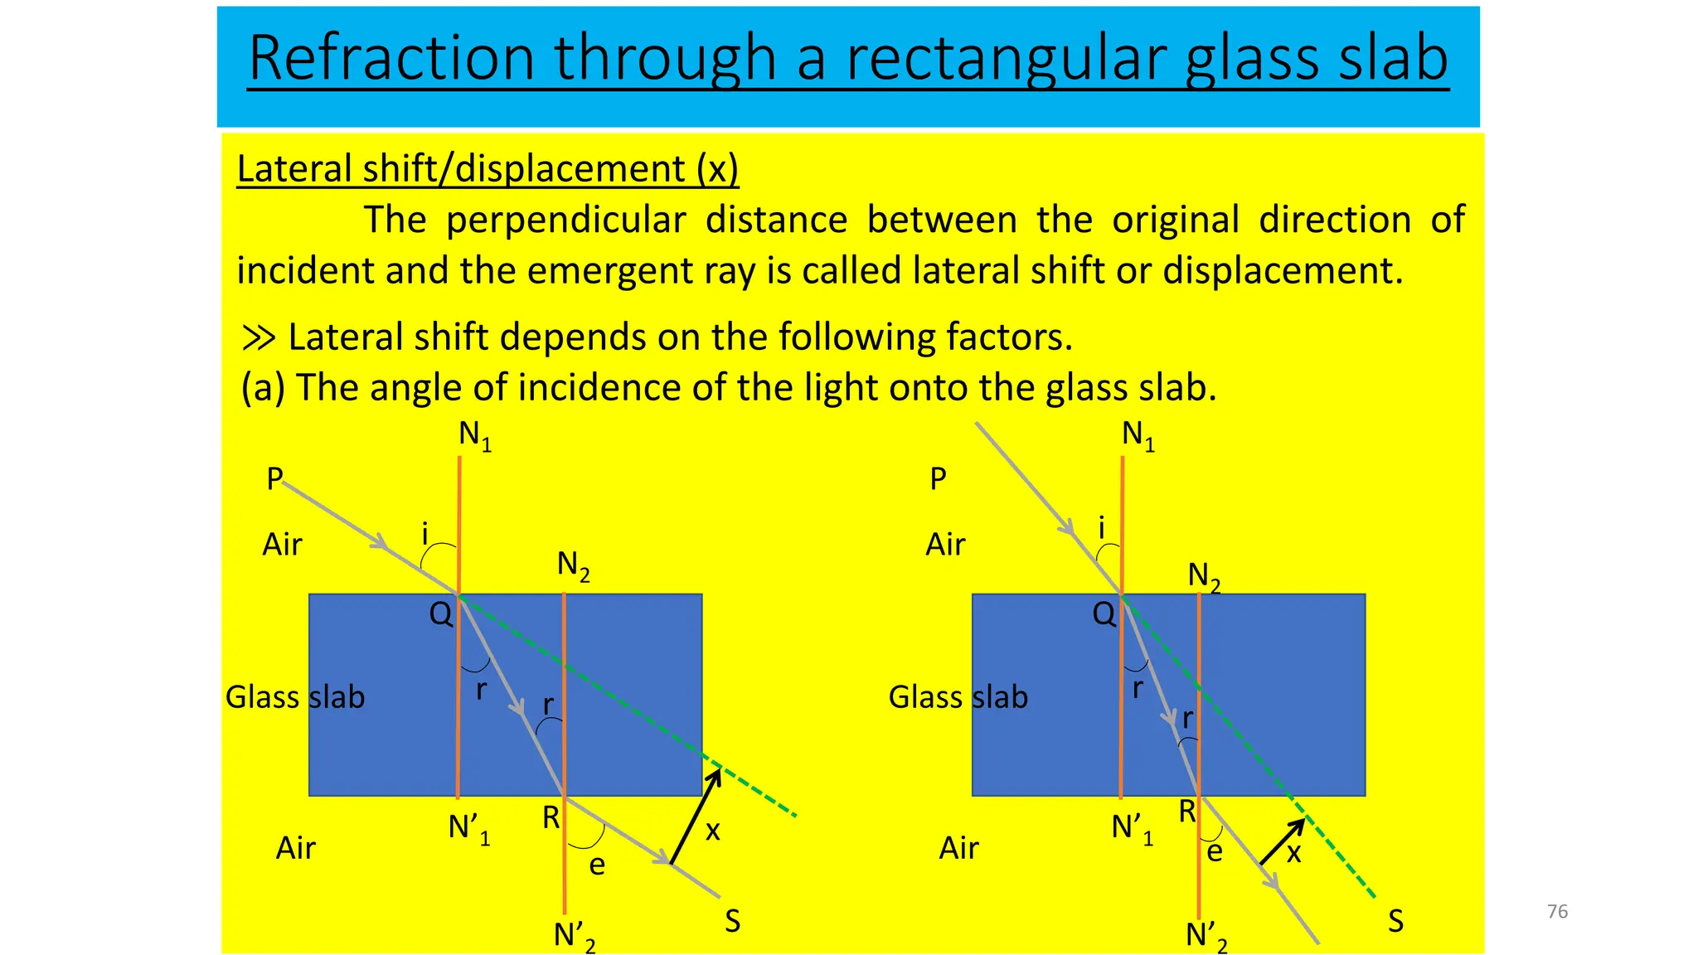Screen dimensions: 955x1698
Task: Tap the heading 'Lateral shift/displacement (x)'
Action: coord(488,169)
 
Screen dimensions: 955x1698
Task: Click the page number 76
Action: coord(1557,911)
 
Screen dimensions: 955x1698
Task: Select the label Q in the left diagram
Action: coord(440,614)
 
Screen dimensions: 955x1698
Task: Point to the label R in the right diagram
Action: coord(1187,812)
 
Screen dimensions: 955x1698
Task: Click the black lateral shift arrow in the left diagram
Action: coord(695,817)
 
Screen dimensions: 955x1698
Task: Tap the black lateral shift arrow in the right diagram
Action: coord(1282,842)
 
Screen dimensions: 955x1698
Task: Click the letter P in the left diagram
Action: coord(274,479)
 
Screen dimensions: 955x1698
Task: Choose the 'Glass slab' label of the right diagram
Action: coord(958,697)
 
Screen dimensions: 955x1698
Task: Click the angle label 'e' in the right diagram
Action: coord(1215,851)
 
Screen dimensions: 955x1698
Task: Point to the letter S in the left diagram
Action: coord(732,921)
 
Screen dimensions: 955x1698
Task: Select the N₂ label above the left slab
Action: coord(573,566)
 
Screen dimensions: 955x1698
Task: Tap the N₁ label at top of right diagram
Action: coord(1138,434)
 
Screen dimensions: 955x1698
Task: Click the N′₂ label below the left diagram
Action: coord(574,936)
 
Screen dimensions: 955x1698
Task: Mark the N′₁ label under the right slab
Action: coord(1132,828)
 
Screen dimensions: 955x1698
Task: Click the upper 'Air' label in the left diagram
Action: coord(282,545)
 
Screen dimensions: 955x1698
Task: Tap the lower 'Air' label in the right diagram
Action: coord(958,848)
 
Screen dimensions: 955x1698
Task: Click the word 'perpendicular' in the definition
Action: coord(565,221)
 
